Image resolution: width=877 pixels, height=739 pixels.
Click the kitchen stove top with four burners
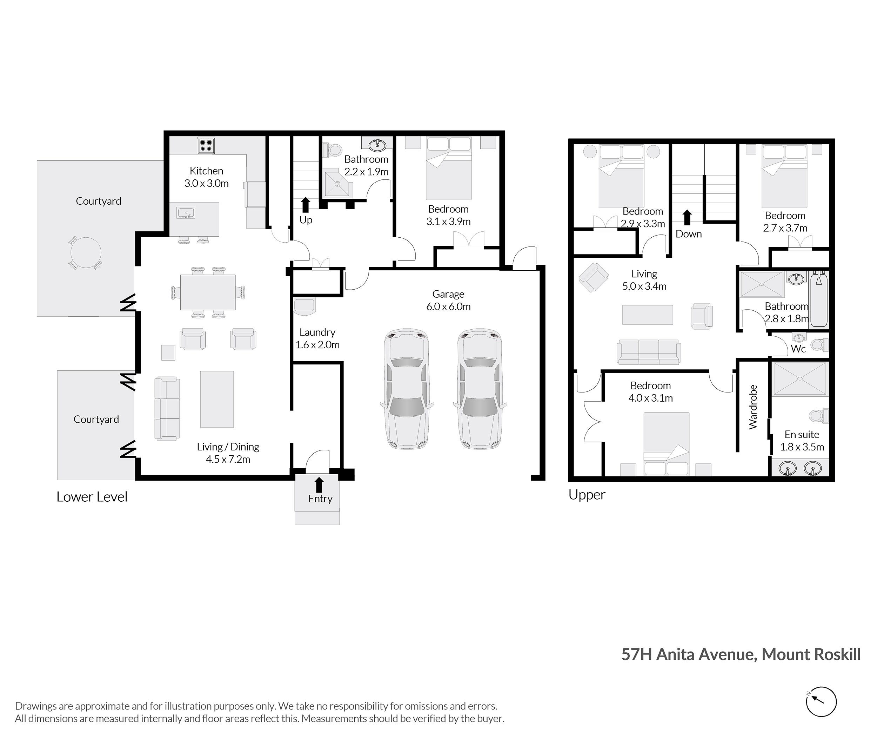[x=206, y=145]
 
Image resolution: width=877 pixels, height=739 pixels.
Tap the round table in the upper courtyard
[x=85, y=253]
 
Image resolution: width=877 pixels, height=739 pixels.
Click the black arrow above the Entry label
[x=319, y=485]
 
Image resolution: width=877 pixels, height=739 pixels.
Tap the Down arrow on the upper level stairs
[x=687, y=217]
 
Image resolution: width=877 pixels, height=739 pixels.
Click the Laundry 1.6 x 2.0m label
[x=317, y=338]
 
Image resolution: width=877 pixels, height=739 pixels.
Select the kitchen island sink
[x=186, y=213]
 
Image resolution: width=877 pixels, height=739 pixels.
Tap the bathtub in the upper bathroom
[x=819, y=299]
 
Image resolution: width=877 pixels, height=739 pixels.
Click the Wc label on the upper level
[x=798, y=349]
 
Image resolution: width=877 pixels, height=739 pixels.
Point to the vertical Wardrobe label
[x=753, y=407]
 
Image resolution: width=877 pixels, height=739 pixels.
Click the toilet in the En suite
[x=818, y=416]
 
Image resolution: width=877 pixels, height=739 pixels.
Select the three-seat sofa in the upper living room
[x=648, y=352]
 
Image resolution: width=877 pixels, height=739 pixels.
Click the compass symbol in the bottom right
[x=821, y=702]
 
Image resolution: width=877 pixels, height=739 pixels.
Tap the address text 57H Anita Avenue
[x=689, y=654]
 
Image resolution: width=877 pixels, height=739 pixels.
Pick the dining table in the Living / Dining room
[x=208, y=292]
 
